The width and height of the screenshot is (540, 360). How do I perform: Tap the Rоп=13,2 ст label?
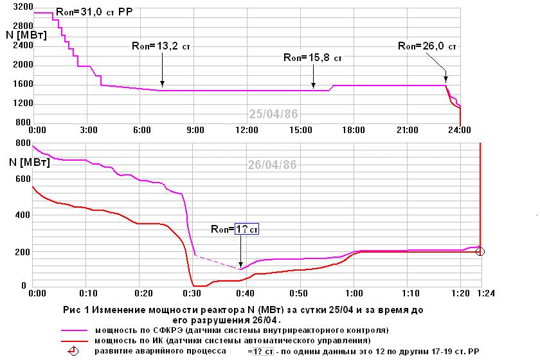pyautogui.click(x=161, y=46)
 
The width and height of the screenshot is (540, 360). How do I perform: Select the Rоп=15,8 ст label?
pyautogui.click(x=312, y=57)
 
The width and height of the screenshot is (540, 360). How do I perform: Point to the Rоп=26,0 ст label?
pyautogui.click(x=428, y=46)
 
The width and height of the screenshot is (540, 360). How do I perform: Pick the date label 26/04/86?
pyautogui.click(x=273, y=165)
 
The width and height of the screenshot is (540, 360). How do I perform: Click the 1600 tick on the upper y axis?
pyautogui.click(x=22, y=84)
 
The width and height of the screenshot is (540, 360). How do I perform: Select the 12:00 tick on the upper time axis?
pyautogui.click(x=246, y=130)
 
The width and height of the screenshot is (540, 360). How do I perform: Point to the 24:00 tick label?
pyautogui.click(x=458, y=130)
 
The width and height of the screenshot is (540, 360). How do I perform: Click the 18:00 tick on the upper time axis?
pyautogui.click(x=352, y=130)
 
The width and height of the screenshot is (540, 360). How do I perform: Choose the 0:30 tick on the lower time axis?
pyautogui.click(x=194, y=293)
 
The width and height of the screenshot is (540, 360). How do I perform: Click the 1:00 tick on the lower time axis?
pyautogui.click(x=352, y=293)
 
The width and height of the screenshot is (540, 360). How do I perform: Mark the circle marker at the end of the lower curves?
pyautogui.click(x=480, y=251)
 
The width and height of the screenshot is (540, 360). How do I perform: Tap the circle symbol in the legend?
pyautogui.click(x=74, y=351)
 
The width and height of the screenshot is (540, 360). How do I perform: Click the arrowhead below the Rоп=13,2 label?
pyautogui.click(x=163, y=84)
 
